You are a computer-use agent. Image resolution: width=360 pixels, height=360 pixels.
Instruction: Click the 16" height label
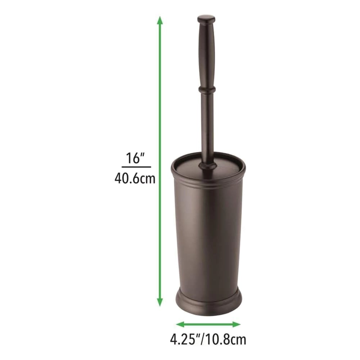tap(135, 158)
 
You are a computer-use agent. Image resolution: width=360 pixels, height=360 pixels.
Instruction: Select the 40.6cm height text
tap(135, 178)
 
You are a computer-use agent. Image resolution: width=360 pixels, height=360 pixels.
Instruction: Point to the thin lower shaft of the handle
tap(207, 126)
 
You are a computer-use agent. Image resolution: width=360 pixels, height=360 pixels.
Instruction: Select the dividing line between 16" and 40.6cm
tap(136, 167)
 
